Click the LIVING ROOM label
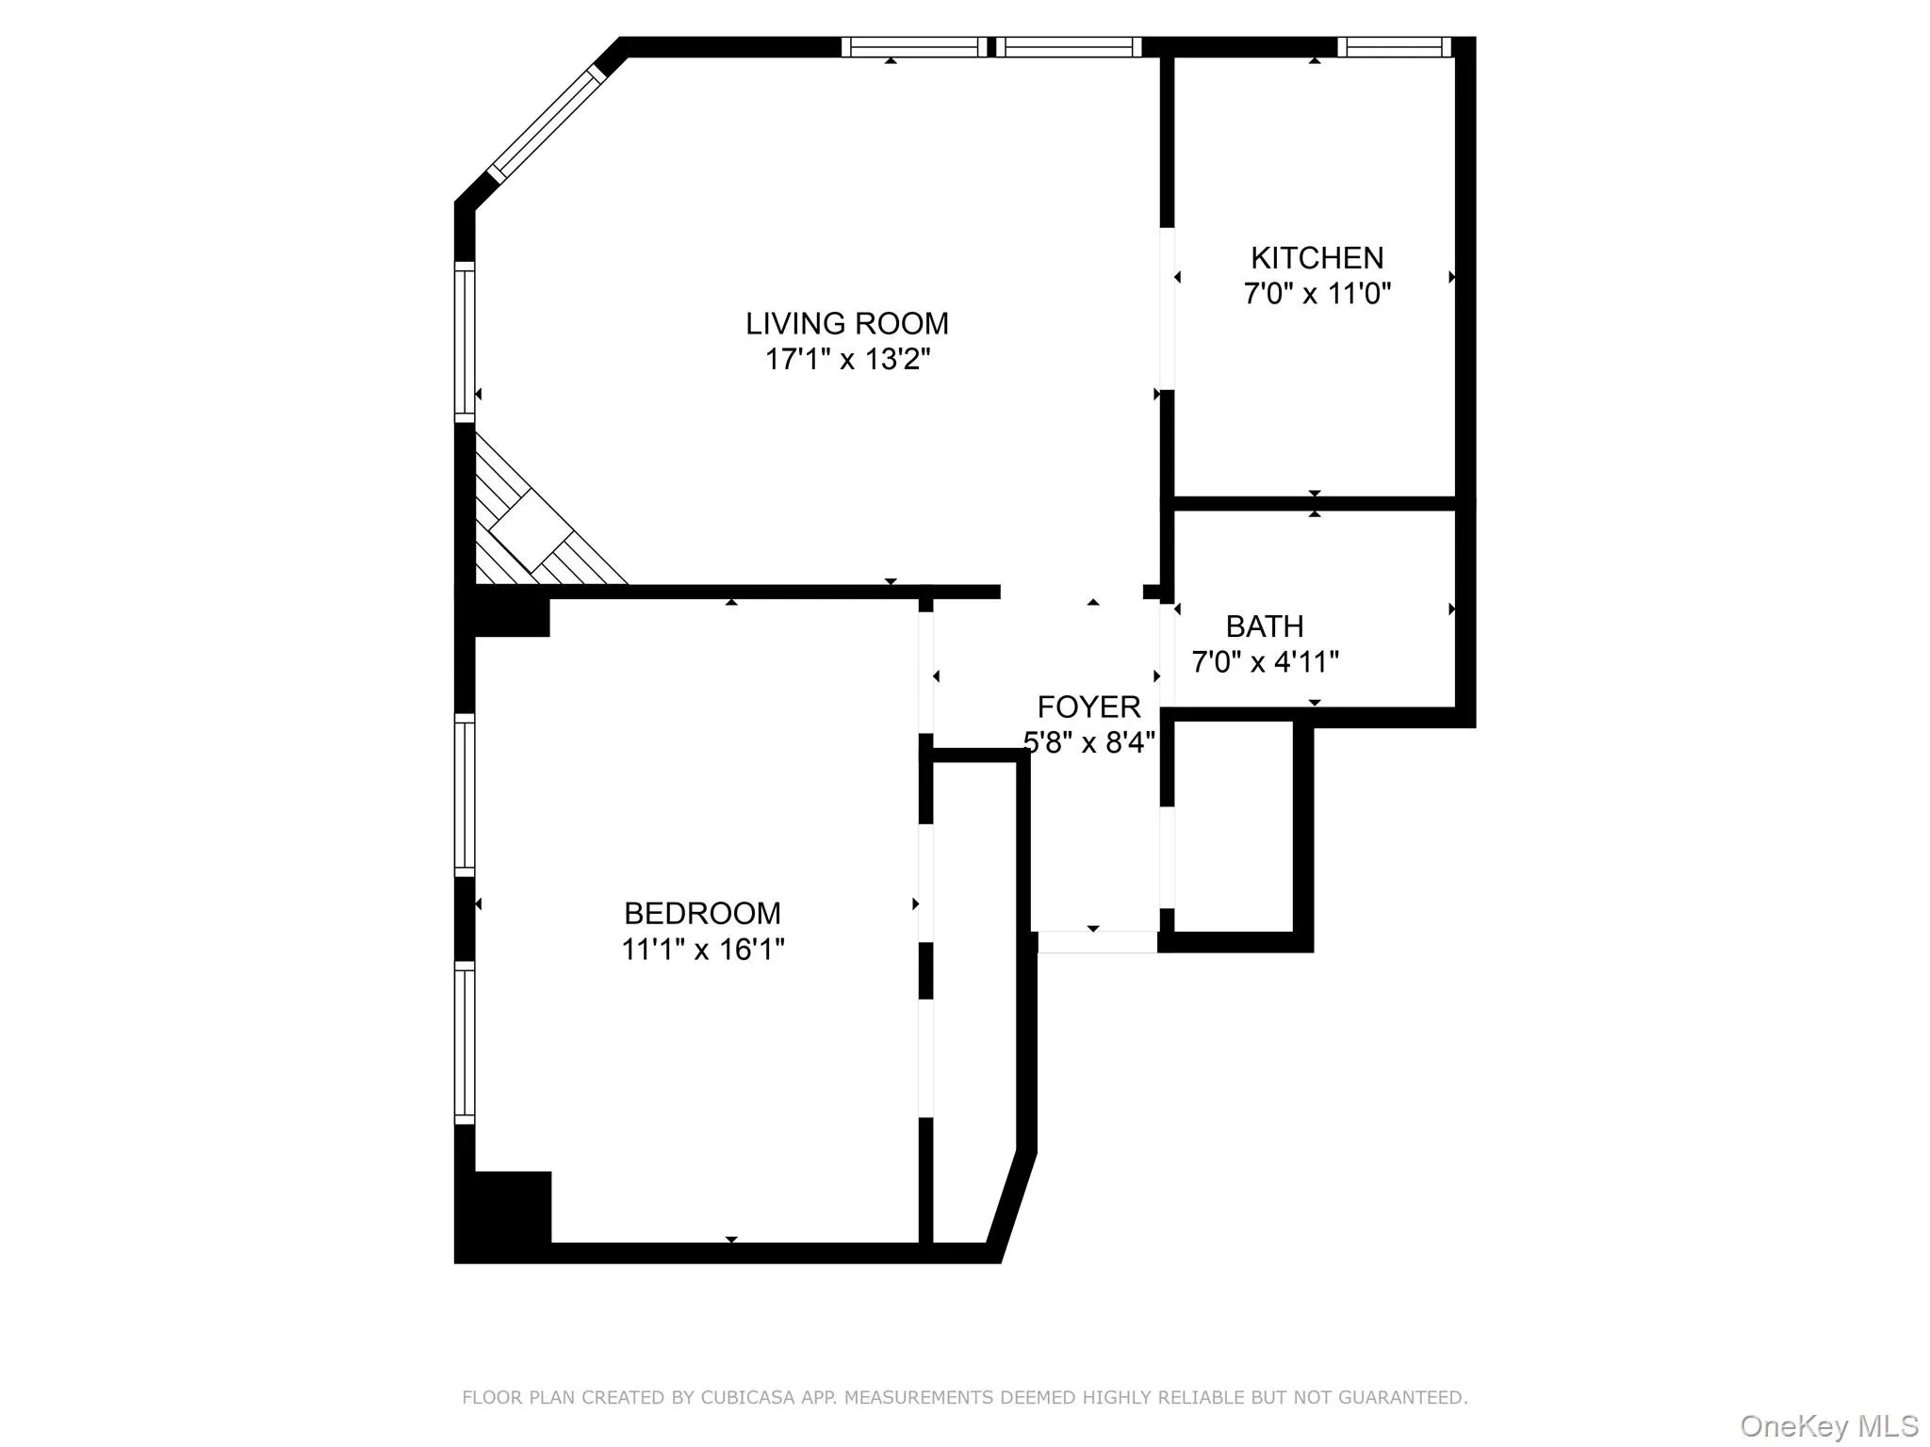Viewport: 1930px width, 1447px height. click(846, 324)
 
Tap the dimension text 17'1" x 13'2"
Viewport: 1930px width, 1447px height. click(846, 360)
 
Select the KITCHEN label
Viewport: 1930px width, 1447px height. click(1317, 258)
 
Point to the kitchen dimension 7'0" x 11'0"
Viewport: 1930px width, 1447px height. click(1317, 294)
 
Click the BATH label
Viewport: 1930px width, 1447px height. click(1264, 626)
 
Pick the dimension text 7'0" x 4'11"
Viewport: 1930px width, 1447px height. click(1264, 662)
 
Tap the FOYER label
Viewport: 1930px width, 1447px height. click(1088, 707)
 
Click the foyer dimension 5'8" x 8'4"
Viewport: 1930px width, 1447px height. click(1088, 743)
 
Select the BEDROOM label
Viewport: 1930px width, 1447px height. click(702, 914)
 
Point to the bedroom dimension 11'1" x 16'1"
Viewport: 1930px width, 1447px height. click(702, 950)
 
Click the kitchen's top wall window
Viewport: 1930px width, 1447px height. click(1394, 47)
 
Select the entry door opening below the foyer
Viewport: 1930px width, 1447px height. click(1097, 942)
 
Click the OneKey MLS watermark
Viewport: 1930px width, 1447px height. click(1828, 1425)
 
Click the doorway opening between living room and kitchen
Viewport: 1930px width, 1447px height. click(1167, 309)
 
